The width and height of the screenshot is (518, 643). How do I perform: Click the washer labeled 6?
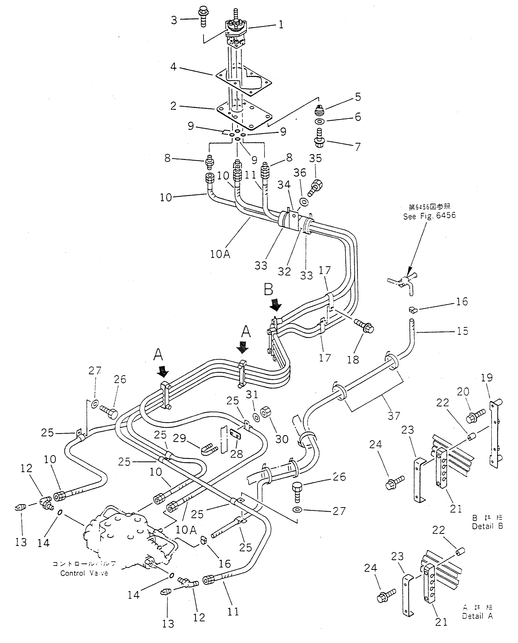point(320,121)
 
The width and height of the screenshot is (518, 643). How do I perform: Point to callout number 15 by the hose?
point(462,331)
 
